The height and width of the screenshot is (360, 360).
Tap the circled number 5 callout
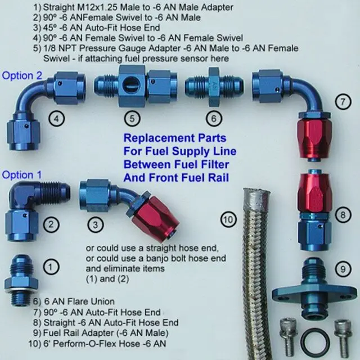pos(132,119)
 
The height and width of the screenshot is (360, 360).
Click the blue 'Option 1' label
pos(21,175)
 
